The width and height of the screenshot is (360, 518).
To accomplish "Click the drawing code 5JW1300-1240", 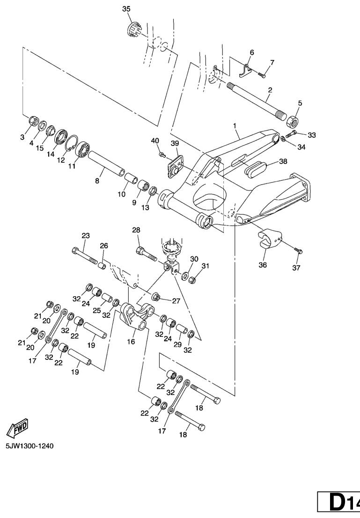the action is (x=29, y=446).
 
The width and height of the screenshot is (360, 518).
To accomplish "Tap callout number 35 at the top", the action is (x=126, y=9).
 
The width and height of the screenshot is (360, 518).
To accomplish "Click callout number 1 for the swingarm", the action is (x=235, y=126).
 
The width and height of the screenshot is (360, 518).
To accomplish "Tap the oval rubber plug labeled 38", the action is (x=254, y=167).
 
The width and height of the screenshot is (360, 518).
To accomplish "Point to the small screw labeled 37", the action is (x=299, y=251).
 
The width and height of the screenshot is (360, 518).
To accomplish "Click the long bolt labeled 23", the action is (x=84, y=256).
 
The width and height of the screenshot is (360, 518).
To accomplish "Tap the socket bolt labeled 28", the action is (x=146, y=253).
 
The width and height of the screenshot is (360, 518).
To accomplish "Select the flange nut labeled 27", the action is (x=157, y=297).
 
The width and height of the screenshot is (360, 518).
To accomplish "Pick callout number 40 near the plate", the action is (x=155, y=141).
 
